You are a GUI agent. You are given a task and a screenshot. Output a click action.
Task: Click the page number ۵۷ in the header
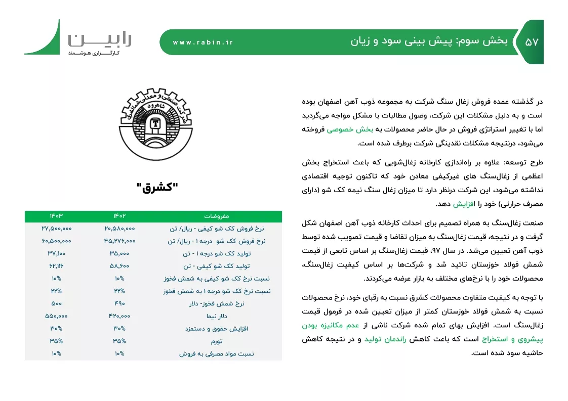point(532,42)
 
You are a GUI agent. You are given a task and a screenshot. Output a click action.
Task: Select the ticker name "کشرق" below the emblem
point(157,188)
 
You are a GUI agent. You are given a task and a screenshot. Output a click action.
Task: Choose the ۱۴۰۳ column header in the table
point(56,216)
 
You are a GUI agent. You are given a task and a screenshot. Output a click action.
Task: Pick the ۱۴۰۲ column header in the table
point(119,216)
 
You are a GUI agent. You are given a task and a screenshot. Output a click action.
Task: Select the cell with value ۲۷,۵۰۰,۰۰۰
point(56,229)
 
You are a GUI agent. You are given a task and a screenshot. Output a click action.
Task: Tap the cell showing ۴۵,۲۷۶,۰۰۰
point(119,241)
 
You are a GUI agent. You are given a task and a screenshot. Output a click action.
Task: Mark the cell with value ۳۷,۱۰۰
point(56,253)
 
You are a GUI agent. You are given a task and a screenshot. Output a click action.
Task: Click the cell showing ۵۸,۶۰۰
point(119,266)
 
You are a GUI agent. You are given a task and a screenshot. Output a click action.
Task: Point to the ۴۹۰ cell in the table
point(119,303)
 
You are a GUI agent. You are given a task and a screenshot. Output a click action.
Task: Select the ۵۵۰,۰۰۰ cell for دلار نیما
point(56,316)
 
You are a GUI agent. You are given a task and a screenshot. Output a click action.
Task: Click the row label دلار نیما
point(216,316)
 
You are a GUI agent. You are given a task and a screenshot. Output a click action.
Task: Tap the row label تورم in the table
point(216,341)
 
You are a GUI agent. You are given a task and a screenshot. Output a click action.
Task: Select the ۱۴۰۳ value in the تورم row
point(56,341)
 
